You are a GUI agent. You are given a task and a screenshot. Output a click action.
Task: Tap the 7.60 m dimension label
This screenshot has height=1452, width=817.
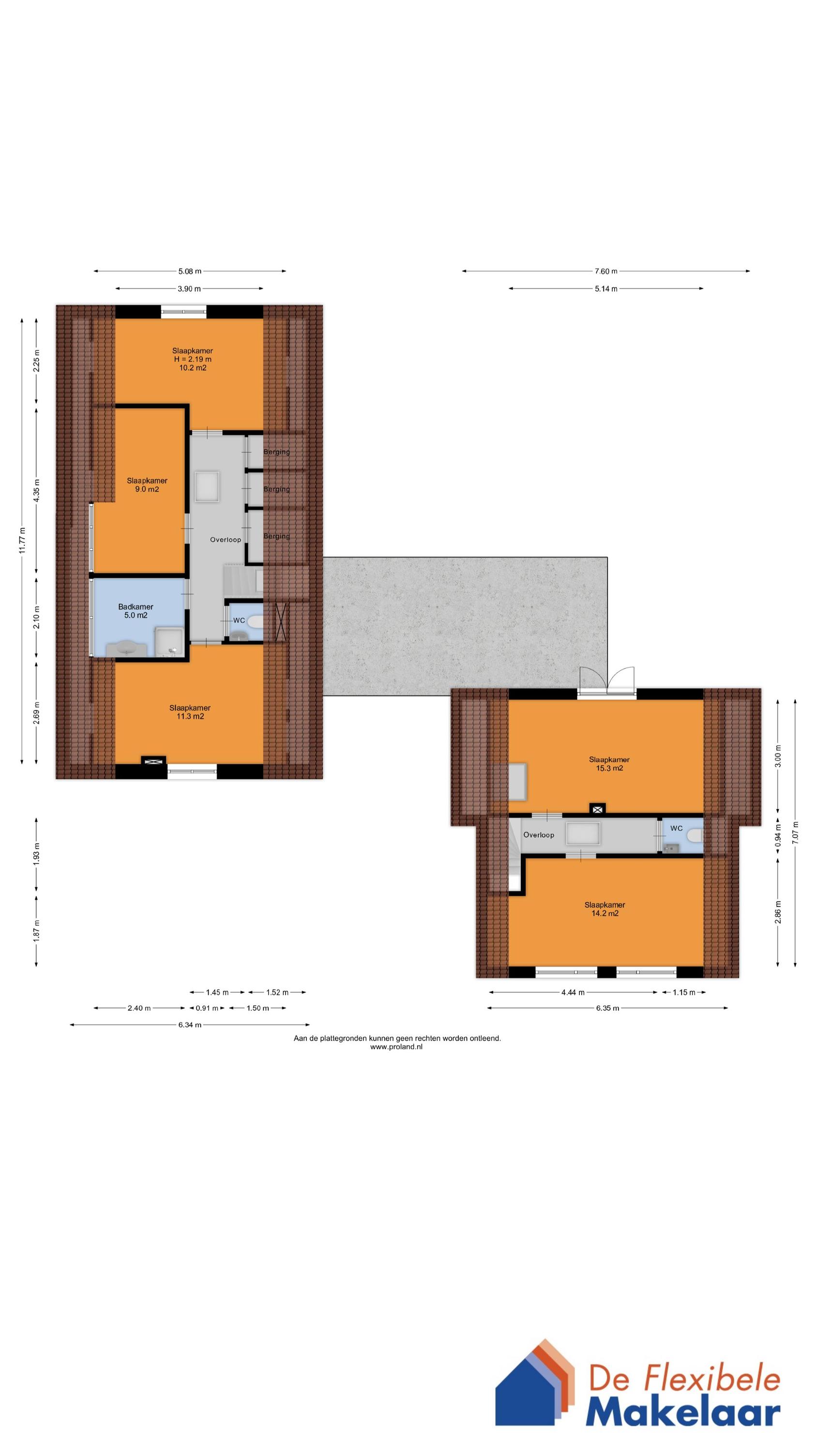coord(605,271)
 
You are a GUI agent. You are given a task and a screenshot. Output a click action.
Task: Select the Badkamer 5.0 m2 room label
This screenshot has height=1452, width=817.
coord(136,611)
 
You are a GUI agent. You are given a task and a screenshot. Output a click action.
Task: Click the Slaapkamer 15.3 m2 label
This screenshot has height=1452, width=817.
coord(609,764)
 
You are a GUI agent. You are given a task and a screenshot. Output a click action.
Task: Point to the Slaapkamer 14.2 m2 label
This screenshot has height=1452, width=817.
coord(605,908)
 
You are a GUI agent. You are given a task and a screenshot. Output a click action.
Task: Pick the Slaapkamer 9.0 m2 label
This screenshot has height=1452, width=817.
coord(147,485)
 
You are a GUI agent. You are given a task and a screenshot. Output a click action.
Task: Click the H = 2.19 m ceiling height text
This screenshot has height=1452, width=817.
coord(192,359)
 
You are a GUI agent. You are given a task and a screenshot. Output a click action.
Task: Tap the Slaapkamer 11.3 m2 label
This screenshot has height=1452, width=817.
coord(190,712)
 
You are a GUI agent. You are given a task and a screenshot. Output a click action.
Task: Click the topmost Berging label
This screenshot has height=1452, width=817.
coord(276,452)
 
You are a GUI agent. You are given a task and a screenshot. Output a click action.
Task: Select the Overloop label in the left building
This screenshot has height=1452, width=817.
coord(226,540)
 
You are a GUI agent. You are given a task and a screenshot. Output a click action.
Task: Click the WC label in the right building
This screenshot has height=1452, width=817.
coord(676,828)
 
